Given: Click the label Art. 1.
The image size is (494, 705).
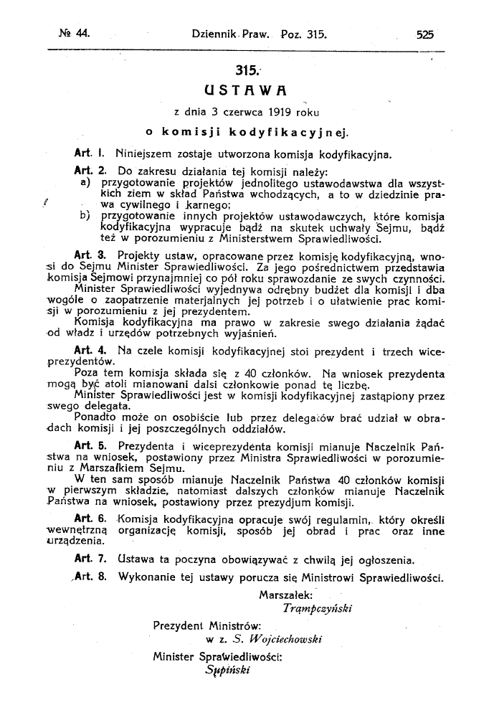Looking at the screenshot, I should coord(90,153).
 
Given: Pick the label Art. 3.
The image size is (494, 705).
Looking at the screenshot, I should coord(90,255).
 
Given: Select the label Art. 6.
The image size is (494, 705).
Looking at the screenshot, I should coord(90,518).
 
